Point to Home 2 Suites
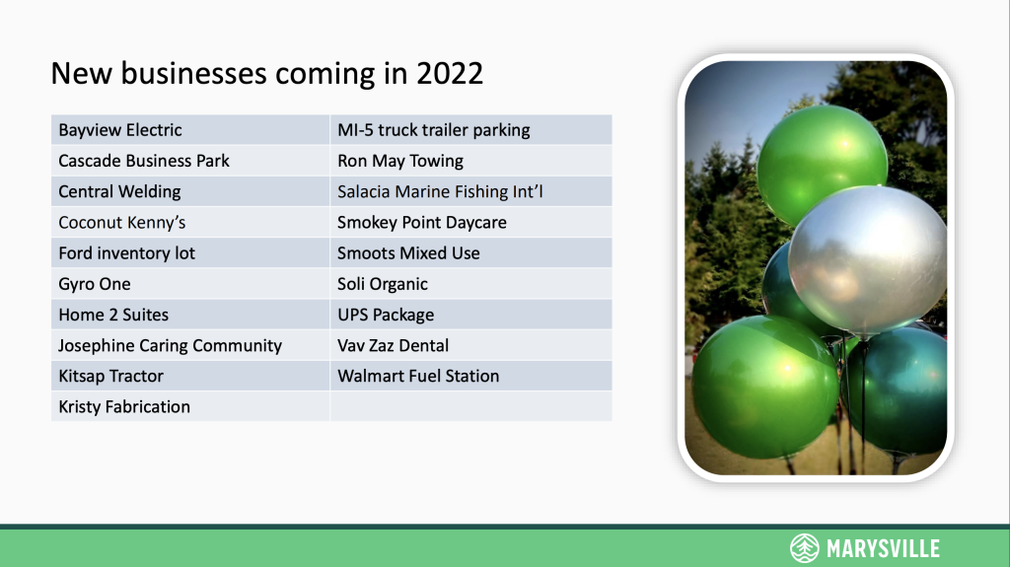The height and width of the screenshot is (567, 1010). coord(113,316)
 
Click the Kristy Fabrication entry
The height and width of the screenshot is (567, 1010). coord(124,407)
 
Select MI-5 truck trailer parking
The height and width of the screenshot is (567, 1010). coord(434,130)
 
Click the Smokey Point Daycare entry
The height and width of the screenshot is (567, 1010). coord(422,223)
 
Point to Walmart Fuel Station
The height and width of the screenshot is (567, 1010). coord(418,377)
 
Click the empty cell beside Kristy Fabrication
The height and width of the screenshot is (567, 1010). coord(470,406)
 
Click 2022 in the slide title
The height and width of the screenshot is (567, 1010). coord(449,73)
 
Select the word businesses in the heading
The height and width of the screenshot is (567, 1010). coord(194,73)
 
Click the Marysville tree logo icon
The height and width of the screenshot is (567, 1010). coord(805,548)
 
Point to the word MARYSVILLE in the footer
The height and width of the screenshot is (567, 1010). coord(883,549)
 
